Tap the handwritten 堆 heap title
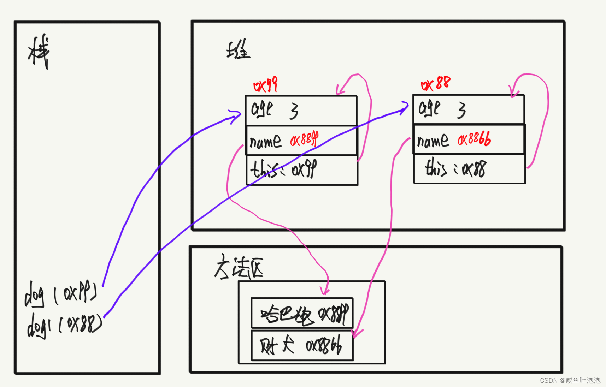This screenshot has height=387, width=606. [x=238, y=50]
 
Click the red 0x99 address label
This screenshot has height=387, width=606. [x=265, y=85]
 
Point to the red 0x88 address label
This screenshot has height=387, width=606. [x=436, y=84]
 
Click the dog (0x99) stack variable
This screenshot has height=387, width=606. [x=60, y=293]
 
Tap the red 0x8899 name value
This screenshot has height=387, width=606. [x=304, y=140]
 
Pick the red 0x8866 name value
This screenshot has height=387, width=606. [x=474, y=139]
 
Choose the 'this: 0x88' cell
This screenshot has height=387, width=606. [x=469, y=169]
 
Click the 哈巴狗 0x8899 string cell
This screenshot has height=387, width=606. [x=302, y=313]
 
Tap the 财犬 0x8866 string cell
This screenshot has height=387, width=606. [x=302, y=345]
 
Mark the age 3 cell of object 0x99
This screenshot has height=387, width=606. [x=301, y=110]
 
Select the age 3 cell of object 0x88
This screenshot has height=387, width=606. [x=469, y=109]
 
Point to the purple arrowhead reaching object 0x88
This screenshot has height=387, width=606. [x=405, y=107]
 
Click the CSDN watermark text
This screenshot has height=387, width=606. [x=570, y=380]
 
